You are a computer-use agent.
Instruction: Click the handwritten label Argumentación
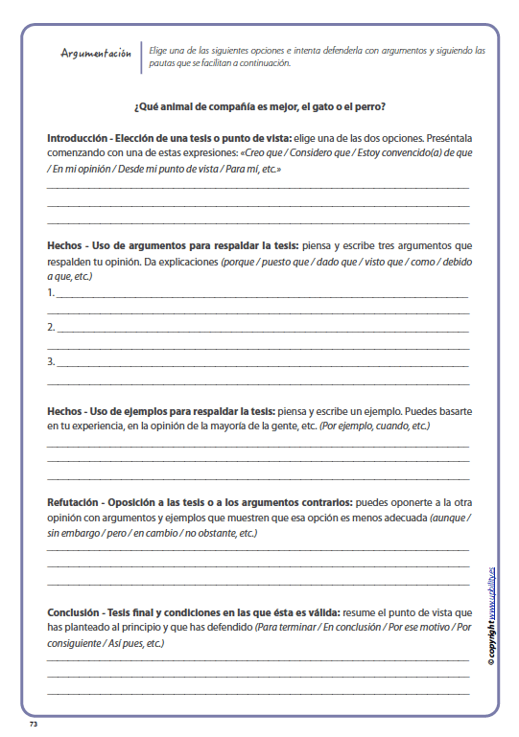95,54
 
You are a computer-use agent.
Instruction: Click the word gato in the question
318,105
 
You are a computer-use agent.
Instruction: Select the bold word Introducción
76,138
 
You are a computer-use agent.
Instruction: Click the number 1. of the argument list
51,293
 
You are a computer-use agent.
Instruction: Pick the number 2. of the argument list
51,328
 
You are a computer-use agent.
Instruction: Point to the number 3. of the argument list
51,362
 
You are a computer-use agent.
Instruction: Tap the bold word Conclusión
75,611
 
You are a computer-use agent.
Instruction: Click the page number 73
33,724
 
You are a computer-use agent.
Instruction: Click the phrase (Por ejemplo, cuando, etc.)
374,426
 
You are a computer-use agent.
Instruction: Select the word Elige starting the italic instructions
161,50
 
